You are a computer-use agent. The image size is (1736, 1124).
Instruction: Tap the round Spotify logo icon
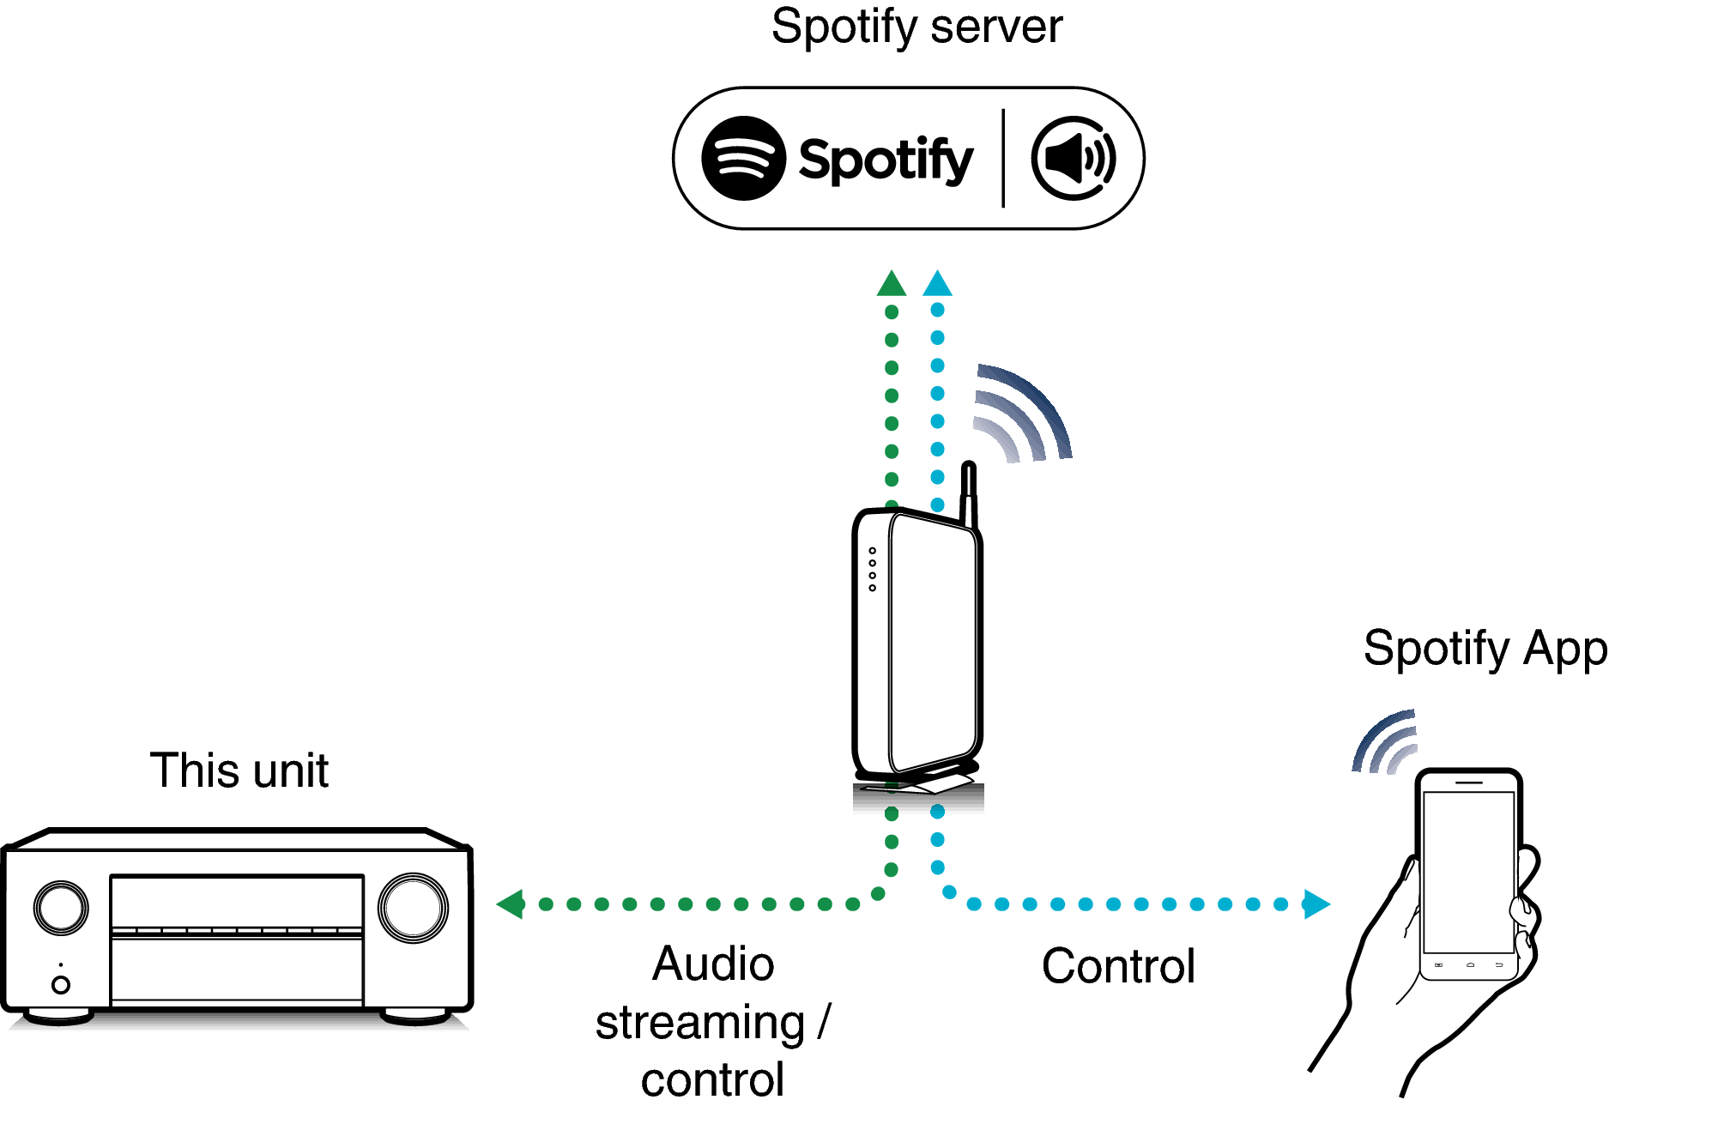[743, 159]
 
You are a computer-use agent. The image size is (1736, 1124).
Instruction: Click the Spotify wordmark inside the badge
[885, 160]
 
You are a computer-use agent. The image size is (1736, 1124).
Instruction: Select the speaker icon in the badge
[1073, 159]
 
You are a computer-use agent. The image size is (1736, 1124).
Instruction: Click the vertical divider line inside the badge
[1002, 159]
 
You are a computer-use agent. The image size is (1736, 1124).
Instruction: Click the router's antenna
[969, 493]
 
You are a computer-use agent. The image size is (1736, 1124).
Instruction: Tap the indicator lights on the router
[872, 569]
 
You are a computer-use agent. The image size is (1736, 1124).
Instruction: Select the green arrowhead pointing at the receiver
[511, 903]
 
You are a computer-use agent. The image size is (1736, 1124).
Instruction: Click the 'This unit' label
[239, 770]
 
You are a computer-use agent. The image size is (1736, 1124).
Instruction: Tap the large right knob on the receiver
[413, 907]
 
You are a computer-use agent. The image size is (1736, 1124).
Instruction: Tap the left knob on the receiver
[61, 907]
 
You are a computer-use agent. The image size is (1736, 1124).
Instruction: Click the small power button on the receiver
[61, 984]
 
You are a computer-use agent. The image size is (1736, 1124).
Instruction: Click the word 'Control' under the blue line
[1117, 966]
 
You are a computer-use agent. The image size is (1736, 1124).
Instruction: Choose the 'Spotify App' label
[1485, 649]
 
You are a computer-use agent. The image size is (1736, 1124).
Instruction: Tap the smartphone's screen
[1468, 871]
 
